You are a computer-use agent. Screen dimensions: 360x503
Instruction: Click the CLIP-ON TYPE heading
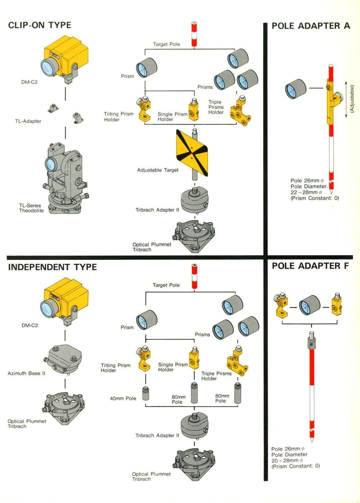[40, 25]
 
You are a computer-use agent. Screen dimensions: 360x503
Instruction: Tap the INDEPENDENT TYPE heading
[53, 267]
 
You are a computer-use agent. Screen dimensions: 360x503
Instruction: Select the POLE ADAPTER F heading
[310, 266]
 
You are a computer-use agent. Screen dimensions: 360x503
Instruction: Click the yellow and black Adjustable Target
[192, 153]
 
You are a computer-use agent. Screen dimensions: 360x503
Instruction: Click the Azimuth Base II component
[65, 359]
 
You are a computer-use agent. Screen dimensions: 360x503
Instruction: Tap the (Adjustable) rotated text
[352, 98]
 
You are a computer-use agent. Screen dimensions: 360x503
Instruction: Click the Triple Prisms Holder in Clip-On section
[241, 111]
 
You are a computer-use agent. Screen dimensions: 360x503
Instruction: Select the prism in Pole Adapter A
[296, 89]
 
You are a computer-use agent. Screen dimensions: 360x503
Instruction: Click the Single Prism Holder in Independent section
[194, 358]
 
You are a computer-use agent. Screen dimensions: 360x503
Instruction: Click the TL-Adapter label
[28, 121]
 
